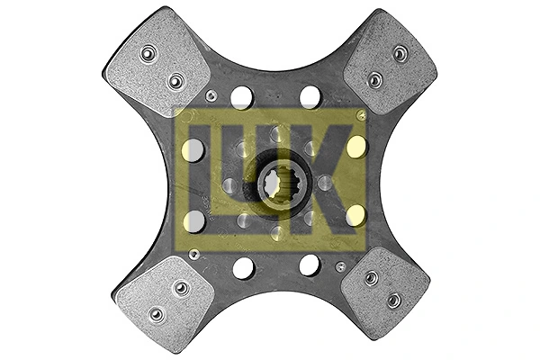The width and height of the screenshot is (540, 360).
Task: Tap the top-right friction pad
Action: pyautogui.click(x=391, y=62)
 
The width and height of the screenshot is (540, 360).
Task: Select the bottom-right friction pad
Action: pyautogui.click(x=385, y=292)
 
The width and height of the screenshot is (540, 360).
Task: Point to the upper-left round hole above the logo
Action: pyautogui.click(x=242, y=98)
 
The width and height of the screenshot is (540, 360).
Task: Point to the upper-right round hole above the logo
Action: pyautogui.click(x=310, y=97)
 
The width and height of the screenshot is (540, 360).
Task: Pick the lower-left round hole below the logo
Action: pyautogui.click(x=244, y=268)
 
